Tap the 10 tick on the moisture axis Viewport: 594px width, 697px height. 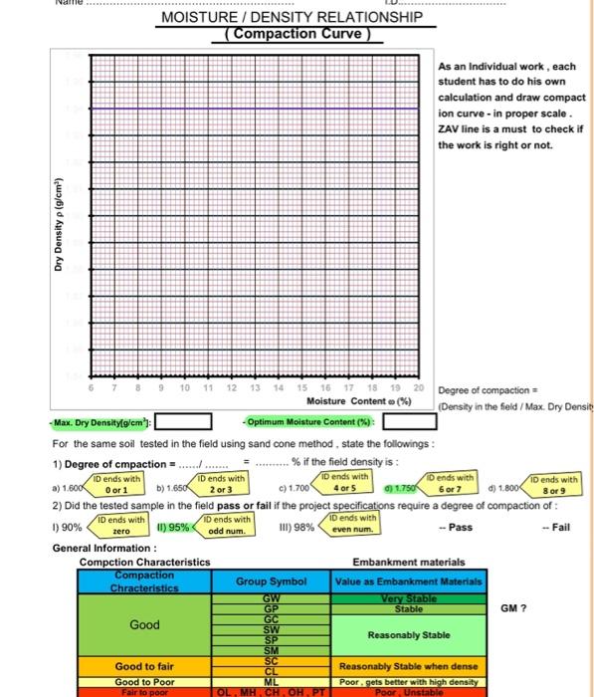coord(185,386)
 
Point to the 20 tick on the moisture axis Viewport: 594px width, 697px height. coord(418,386)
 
